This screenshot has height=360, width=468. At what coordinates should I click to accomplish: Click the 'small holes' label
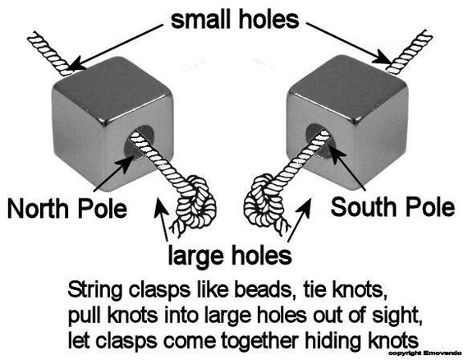point(235,20)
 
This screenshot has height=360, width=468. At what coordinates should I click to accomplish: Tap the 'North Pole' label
point(67,208)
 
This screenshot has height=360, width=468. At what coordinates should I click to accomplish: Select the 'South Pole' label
point(392,207)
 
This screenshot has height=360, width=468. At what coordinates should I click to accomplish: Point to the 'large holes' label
point(230,256)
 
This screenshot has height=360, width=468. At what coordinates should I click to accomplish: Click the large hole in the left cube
point(139,142)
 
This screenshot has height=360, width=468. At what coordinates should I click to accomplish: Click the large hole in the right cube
point(322,141)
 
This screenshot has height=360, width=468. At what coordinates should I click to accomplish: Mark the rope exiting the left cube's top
point(50,53)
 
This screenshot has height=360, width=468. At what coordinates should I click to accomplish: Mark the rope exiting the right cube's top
point(410,52)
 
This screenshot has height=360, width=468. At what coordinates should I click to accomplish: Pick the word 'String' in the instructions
point(95,290)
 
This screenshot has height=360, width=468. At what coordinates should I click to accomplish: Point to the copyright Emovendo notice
point(424,353)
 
